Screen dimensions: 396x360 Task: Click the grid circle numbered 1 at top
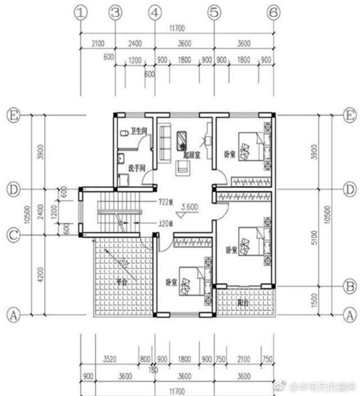(x=82, y=12)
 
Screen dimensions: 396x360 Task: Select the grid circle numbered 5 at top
(x=214, y=12)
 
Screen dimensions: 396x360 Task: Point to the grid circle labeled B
(x=349, y=287)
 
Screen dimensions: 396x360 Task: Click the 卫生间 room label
(x=139, y=132)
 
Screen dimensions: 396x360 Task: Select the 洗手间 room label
(x=137, y=168)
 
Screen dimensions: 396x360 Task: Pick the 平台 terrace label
(x=121, y=282)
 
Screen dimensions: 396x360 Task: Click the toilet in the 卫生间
(x=124, y=134)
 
